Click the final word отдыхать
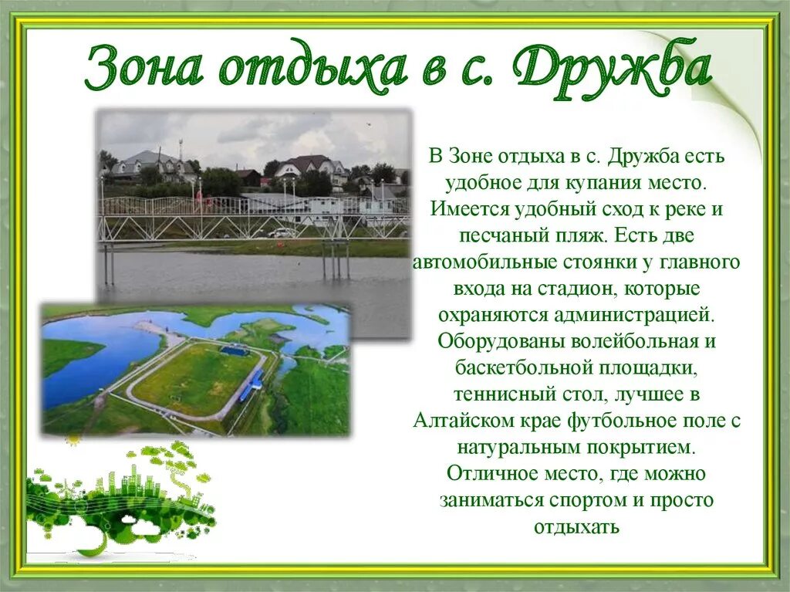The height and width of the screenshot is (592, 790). [576, 526]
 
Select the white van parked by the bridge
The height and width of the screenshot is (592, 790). [282, 232]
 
